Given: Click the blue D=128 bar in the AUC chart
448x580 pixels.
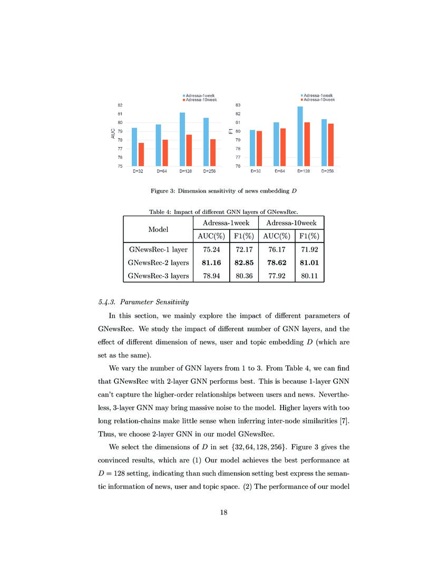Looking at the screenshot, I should point(182,139).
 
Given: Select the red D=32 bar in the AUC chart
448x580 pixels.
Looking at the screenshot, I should point(141,154).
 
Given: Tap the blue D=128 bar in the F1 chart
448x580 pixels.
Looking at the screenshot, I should point(300,136).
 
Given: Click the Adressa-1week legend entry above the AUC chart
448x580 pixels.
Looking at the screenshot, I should point(198,95).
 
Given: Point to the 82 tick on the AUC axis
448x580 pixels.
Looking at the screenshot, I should point(120,105).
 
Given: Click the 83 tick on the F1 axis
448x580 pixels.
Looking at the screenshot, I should point(238,105).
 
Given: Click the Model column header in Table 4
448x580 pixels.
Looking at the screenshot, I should point(158,229).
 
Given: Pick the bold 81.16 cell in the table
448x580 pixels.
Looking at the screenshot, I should point(211,262).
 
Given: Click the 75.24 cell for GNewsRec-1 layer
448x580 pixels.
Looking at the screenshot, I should point(211,248).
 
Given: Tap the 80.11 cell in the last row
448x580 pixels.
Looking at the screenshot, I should point(309,275).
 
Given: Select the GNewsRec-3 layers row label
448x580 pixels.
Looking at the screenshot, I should point(158,275).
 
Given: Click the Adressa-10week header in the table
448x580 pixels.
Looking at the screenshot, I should point(290,223).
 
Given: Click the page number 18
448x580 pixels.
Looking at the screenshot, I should point(223,512).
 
